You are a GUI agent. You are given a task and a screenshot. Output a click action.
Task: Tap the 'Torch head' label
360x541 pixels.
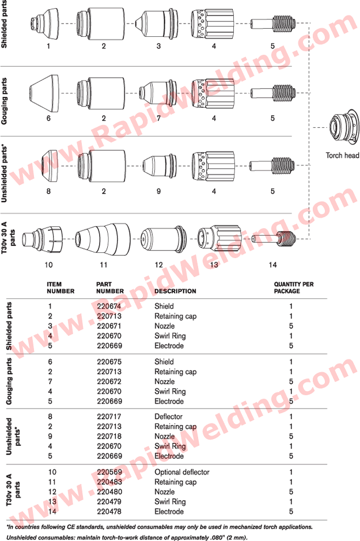point(342,155)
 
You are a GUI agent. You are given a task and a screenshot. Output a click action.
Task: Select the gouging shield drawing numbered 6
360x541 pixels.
point(44,93)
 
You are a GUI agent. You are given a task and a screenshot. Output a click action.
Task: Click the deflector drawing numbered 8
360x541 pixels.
point(50,166)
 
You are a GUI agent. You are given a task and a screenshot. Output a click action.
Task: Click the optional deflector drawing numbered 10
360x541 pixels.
point(43,239)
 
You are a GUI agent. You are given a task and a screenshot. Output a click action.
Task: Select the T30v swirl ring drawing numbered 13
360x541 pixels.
point(219,239)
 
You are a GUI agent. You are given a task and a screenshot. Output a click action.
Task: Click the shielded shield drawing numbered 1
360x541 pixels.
point(44,23)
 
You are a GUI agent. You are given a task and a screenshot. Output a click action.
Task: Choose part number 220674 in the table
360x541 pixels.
point(109,306)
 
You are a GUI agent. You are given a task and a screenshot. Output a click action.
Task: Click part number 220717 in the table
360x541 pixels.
point(109,417)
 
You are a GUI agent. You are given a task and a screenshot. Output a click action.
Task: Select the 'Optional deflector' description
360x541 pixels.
point(181,472)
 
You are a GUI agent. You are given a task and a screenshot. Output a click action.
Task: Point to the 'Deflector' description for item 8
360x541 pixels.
point(168,417)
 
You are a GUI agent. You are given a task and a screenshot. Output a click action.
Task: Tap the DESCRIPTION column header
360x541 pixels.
point(175,291)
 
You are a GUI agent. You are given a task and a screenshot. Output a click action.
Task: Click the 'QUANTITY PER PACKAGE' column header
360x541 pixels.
point(294,287)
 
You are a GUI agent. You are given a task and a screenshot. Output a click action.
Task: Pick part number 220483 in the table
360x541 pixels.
point(109,482)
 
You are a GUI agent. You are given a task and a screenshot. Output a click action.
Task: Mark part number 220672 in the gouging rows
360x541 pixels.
point(109,381)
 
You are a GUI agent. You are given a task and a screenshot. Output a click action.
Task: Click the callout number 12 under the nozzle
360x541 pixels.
point(158,264)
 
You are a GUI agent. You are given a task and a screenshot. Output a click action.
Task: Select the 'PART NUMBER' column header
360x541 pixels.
point(109,287)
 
